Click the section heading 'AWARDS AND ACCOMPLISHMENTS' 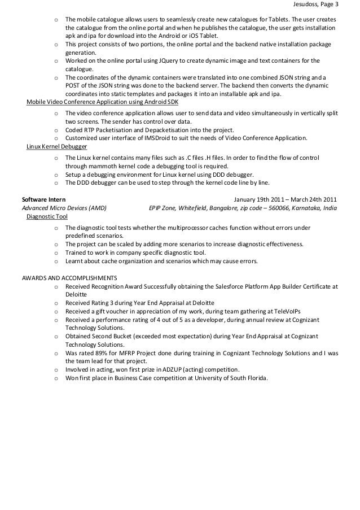tap(69, 278)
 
